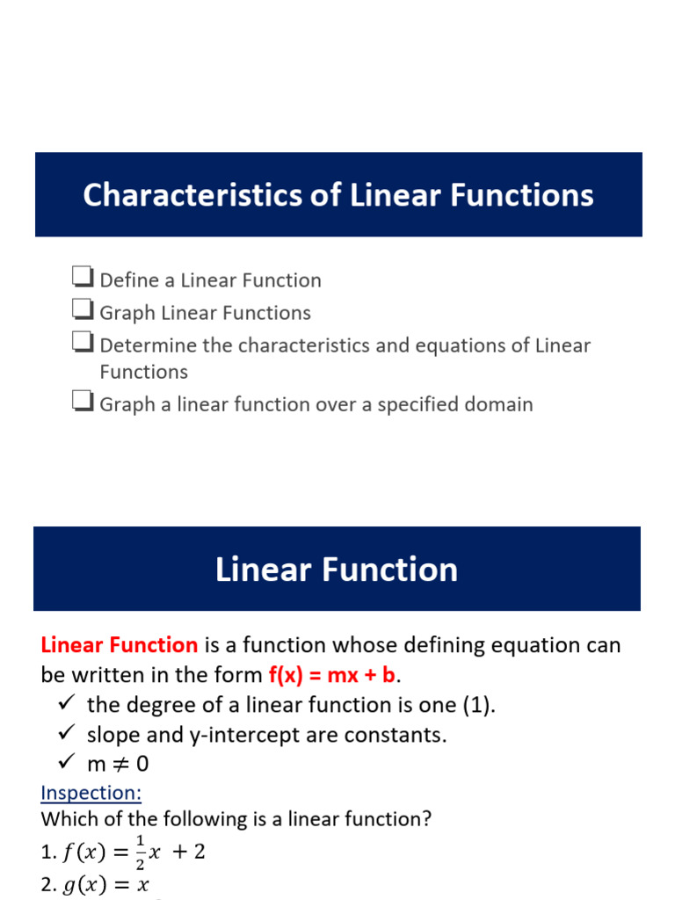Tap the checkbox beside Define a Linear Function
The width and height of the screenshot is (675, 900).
(83, 279)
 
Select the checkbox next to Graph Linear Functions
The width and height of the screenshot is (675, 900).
(83, 311)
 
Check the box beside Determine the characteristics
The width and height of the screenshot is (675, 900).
(83, 344)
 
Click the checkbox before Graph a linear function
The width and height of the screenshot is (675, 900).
(83, 403)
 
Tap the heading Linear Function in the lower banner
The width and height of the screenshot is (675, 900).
(337, 569)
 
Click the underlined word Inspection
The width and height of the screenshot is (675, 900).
(91, 793)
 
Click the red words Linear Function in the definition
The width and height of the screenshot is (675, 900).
(120, 645)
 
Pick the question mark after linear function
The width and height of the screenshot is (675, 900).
(426, 819)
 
